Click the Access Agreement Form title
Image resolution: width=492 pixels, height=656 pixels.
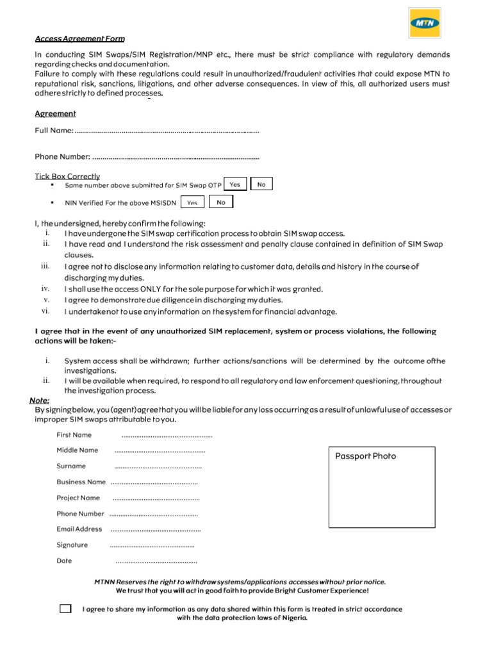pyautogui.click(x=79, y=39)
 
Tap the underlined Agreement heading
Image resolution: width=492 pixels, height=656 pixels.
pyautogui.click(x=55, y=113)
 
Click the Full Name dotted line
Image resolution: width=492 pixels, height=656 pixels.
pyautogui.click(x=167, y=131)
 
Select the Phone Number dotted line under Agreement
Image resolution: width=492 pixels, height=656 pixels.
pyautogui.click(x=176, y=156)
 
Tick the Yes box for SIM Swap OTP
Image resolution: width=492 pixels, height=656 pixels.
pyautogui.click(x=235, y=184)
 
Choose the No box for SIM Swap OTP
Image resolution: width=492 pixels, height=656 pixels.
pyautogui.click(x=261, y=184)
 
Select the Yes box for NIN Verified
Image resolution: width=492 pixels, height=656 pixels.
pyautogui.click(x=192, y=202)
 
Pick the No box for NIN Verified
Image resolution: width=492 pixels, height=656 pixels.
pyautogui.click(x=221, y=202)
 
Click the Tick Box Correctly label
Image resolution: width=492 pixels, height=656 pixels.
pyautogui.click(x=67, y=176)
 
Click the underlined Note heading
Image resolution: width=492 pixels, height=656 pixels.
pyautogui.click(x=39, y=400)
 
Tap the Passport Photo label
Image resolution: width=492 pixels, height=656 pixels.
pyautogui.click(x=366, y=456)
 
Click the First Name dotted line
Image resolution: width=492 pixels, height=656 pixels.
pyautogui.click(x=167, y=435)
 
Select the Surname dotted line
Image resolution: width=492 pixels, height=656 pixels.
pyautogui.click(x=158, y=466)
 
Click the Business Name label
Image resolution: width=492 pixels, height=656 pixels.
pyautogui.click(x=81, y=482)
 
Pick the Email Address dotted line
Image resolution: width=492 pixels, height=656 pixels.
pyautogui.click(x=156, y=529)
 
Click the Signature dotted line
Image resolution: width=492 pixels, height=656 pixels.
pyautogui.click(x=152, y=545)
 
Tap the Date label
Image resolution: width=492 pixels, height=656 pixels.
pyautogui.click(x=64, y=561)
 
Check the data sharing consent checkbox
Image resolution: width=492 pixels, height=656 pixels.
pyautogui.click(x=65, y=609)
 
